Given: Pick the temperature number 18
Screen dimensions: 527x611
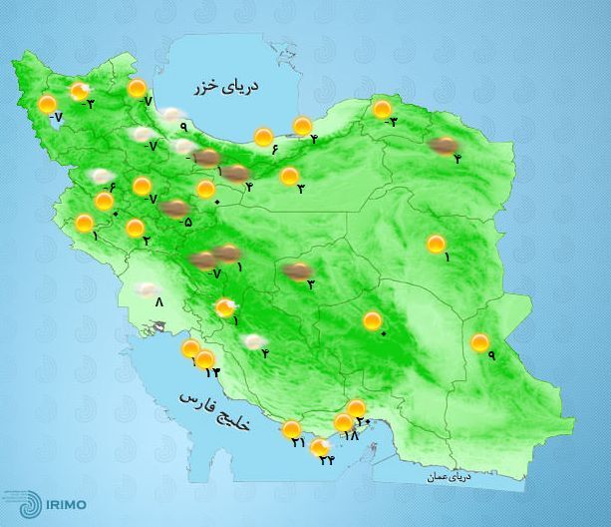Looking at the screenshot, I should point(350,436).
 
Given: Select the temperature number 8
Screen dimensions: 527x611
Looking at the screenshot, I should point(157,304).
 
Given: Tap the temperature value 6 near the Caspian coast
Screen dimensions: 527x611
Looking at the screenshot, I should point(272,150).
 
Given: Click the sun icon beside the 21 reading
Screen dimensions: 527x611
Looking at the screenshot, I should point(292,430).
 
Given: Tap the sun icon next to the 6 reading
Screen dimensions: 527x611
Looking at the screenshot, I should point(263,137).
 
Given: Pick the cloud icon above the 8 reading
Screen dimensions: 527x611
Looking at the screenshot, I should point(151,289).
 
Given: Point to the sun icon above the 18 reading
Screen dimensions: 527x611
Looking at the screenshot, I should point(344,423).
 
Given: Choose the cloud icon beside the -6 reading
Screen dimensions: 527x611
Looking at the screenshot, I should point(100,176).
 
